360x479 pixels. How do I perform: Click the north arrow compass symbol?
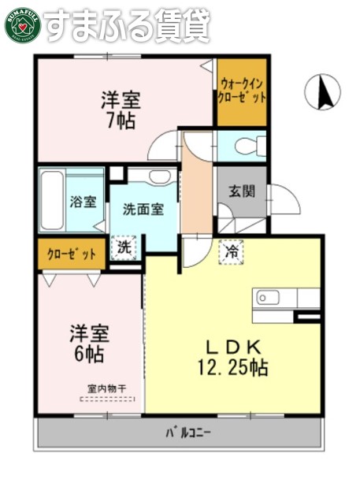point(321,92)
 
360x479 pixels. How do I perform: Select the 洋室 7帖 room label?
point(120,110)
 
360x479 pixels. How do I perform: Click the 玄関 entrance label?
point(241,190)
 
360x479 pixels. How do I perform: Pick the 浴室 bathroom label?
point(83,202)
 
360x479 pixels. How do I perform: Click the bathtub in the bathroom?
point(54,200)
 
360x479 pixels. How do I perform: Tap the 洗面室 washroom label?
point(143,210)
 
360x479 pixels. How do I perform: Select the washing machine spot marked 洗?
point(125,248)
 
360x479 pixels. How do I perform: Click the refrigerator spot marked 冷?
point(232,252)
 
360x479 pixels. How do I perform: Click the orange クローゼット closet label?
point(72,254)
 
